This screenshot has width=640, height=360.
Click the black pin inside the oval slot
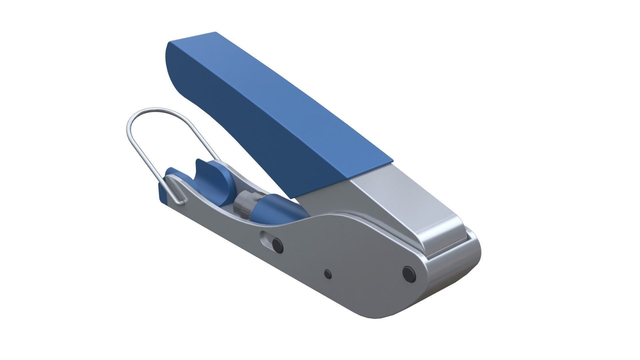(x=277, y=245)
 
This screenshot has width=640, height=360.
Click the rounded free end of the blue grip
(x=172, y=67)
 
